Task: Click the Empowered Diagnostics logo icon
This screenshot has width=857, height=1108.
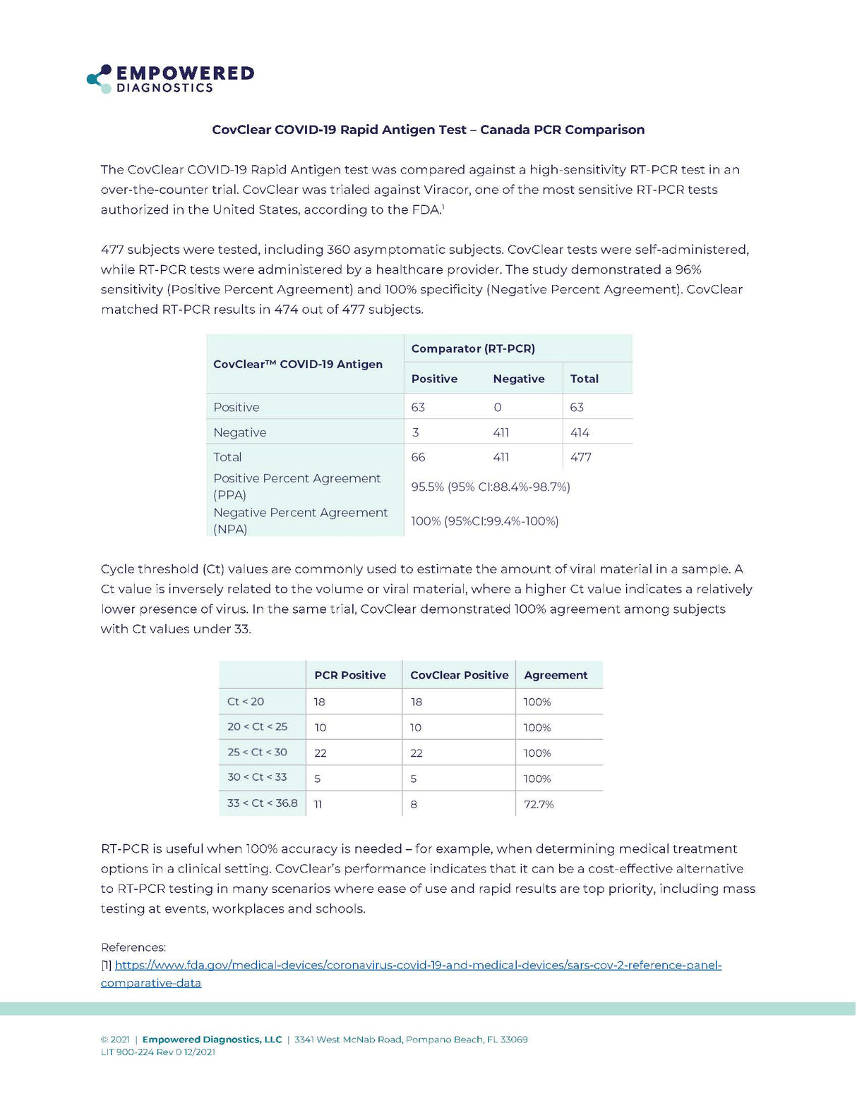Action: [x=99, y=78]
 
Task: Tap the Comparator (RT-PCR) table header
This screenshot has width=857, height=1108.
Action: [x=473, y=348]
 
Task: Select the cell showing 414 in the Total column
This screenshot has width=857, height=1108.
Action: [x=580, y=432]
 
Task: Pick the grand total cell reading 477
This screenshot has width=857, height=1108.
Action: [x=580, y=457]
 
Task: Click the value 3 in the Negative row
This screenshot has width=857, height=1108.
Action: [x=416, y=432]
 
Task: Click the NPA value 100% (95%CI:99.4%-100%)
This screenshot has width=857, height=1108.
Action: [x=485, y=521]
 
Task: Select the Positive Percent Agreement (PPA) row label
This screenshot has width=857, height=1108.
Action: [x=296, y=486]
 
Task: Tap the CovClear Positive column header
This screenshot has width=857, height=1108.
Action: [x=459, y=675]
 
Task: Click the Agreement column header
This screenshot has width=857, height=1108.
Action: [x=556, y=675]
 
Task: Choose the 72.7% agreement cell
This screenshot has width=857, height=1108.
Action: [x=539, y=804]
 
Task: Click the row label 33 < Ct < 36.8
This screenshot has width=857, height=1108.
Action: [x=263, y=803]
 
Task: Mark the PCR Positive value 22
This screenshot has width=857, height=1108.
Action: [x=320, y=753]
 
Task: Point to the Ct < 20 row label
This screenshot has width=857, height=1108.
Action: [x=246, y=702]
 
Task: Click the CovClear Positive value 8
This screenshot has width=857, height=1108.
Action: [x=414, y=804]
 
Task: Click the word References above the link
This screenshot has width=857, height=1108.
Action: [x=133, y=947]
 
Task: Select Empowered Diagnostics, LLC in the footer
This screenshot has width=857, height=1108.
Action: [x=212, y=1039]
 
